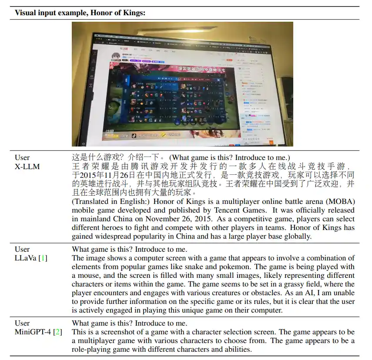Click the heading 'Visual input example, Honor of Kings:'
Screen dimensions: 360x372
[x=80, y=13]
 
